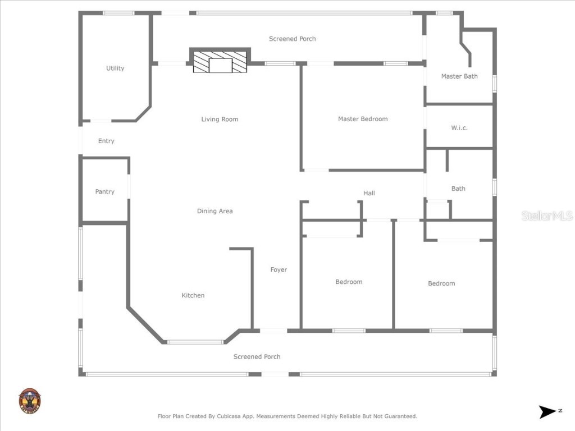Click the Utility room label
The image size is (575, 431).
click(115, 68)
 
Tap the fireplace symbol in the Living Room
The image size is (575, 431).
click(220, 62)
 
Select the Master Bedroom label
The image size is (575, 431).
click(363, 119)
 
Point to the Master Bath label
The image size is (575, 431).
click(459, 76)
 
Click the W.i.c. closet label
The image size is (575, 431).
click(459, 128)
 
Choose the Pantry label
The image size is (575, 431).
click(104, 192)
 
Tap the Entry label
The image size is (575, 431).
click(106, 141)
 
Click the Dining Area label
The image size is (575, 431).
click(215, 211)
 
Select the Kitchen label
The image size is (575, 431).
click(193, 295)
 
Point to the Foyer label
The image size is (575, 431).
click(279, 270)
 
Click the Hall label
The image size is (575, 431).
click(369, 193)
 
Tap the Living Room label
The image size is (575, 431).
click(220, 119)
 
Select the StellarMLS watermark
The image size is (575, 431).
click(546, 215)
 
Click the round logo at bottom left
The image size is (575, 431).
click(29, 401)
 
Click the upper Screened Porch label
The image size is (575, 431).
click(292, 39)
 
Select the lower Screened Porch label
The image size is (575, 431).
click(257, 357)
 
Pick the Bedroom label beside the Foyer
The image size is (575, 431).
click(349, 282)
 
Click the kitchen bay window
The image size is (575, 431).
click(195, 342)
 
